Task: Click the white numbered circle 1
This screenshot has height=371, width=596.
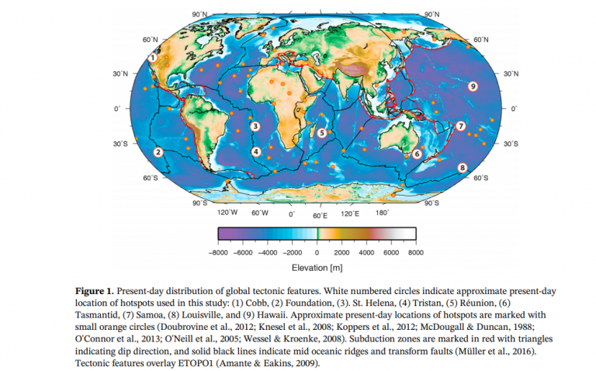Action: coord(153,57)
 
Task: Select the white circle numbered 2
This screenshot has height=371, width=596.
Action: coord(158,152)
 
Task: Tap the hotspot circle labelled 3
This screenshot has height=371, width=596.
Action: coord(254,125)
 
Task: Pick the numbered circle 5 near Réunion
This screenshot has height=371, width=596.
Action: coord(321,133)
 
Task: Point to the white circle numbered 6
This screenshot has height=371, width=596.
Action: coord(417,154)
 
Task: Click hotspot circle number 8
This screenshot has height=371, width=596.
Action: coord(462,167)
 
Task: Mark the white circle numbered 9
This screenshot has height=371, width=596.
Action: coord(472,87)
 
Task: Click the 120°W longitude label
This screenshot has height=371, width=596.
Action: coord(227,212)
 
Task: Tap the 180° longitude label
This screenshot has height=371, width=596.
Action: coord(382,212)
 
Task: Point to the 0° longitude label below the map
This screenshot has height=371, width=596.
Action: coord(291,213)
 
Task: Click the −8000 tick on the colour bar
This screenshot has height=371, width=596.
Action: coord(220,252)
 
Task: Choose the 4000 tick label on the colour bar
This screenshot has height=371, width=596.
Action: coord(366,252)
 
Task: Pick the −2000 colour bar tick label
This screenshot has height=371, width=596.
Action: coord(293,252)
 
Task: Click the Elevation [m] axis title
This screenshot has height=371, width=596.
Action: coord(318,268)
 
